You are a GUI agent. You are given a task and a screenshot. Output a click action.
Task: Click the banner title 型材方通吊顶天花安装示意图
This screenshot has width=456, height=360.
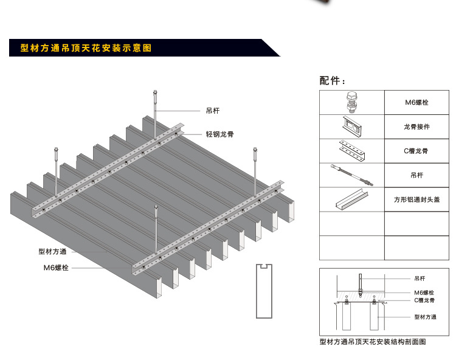pyautogui.click(x=85, y=48)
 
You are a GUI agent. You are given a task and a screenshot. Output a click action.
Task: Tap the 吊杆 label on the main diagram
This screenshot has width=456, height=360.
pyautogui.click(x=212, y=111)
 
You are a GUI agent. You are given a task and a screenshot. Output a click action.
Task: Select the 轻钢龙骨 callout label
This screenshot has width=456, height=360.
pyautogui.click(x=219, y=133)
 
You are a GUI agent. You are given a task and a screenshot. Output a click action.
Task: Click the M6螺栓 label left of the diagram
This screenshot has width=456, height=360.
pyautogui.click(x=55, y=268)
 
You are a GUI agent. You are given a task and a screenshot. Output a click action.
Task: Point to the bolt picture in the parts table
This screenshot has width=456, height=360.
pyautogui.click(x=351, y=102)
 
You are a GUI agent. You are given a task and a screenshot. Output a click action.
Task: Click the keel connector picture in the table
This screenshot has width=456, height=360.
pyautogui.click(x=351, y=127)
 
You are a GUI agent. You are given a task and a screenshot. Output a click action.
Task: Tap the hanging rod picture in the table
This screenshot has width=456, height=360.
pyautogui.click(x=351, y=175)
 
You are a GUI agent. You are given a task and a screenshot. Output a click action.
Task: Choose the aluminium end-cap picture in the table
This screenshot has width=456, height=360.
pyautogui.click(x=351, y=199)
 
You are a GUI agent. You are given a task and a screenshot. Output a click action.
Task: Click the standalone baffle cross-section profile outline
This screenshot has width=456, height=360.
pyautogui.click(x=263, y=291)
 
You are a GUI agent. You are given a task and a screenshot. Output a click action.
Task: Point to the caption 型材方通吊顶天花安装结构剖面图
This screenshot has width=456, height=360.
pyautogui.click(x=372, y=342)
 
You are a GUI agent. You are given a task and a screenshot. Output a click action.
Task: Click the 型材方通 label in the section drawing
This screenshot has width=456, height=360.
pyautogui.click(x=425, y=317)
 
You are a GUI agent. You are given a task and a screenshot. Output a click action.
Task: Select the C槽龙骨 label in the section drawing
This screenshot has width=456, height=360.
pyautogui.click(x=424, y=300)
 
